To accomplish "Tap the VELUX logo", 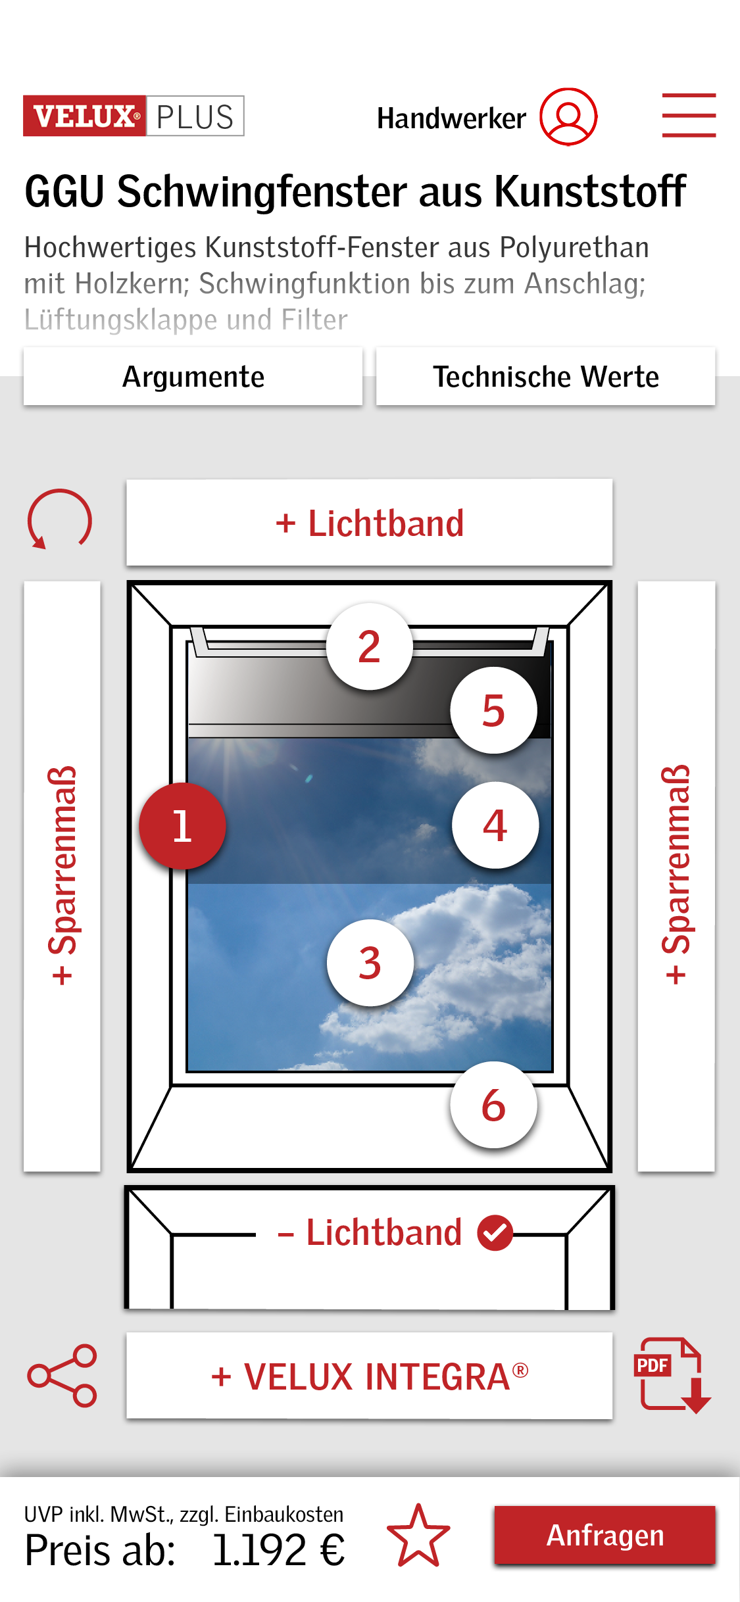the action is pos(84,116).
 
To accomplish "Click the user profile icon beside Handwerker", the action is pos(568,116).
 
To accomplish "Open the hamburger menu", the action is pos(689,115).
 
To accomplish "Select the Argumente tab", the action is pos(193,376).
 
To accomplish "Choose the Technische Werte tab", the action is pos(545,376).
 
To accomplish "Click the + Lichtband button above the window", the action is pos(370,523).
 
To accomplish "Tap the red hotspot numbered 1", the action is pos(182,826).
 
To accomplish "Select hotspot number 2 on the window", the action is pos(370,646).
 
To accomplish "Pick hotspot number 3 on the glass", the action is pos(370,963).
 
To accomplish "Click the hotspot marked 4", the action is pos(495,825).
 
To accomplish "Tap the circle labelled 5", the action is pos(494,710).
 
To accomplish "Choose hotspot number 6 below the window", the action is pos(494,1105).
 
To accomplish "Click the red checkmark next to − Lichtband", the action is pos(495,1232).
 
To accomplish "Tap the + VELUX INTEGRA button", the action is pos(370,1376).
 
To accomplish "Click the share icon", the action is pos(62,1375).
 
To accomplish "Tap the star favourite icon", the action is pos(418,1536).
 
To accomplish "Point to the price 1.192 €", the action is pos(278,1550).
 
